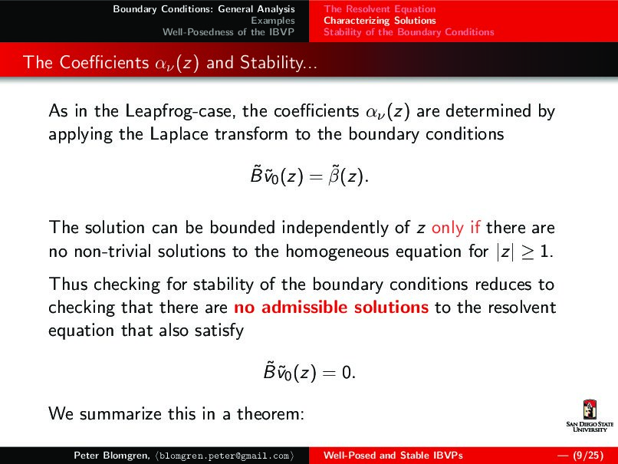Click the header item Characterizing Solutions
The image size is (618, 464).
click(x=380, y=21)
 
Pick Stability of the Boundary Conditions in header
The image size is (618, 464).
click(x=409, y=32)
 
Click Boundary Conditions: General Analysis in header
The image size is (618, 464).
click(x=203, y=9)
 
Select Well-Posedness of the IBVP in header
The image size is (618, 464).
click(x=228, y=32)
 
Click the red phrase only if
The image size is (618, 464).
click(x=457, y=227)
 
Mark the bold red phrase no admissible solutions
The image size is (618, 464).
click(x=330, y=308)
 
